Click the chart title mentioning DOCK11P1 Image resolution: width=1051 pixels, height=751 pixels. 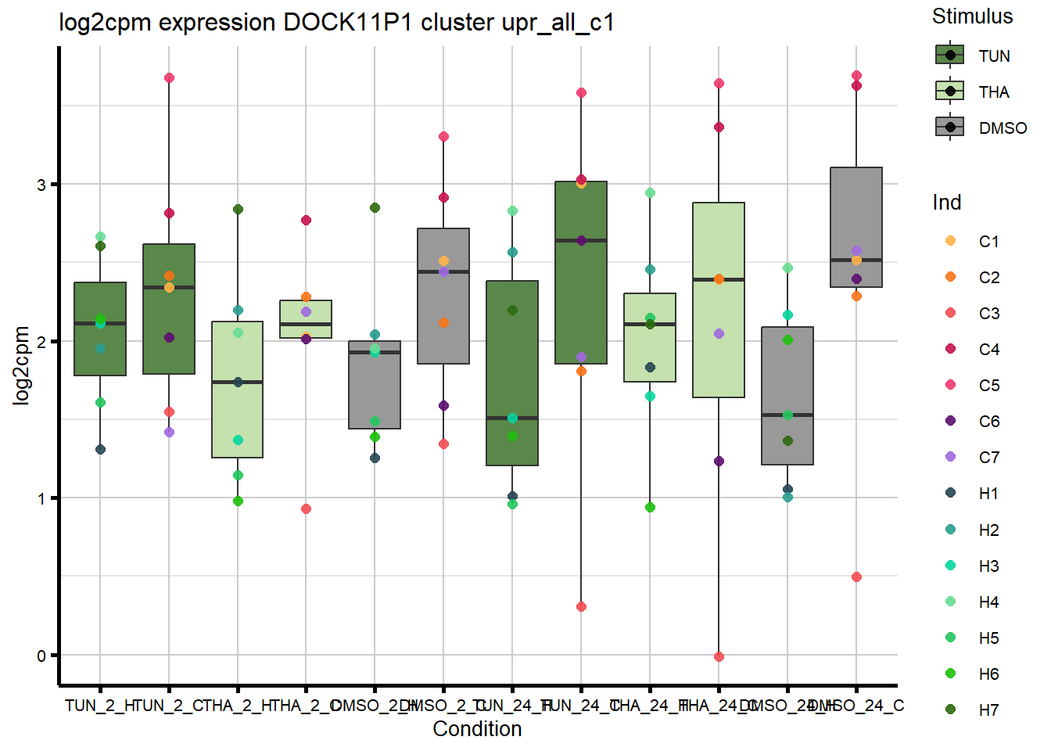pyautogui.click(x=336, y=23)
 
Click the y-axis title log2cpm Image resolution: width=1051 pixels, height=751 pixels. pyautogui.click(x=21, y=365)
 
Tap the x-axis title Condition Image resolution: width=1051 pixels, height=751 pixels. pyautogui.click(x=477, y=729)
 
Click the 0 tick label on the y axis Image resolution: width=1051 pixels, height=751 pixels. pyautogui.click(x=41, y=656)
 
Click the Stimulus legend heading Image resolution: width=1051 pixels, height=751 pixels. pyautogui.click(x=972, y=16)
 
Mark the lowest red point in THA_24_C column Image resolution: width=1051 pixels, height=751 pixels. pyautogui.click(x=719, y=656)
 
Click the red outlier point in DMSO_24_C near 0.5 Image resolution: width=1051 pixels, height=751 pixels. pyautogui.click(x=856, y=577)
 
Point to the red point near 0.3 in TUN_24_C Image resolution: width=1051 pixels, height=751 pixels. pyautogui.click(x=581, y=606)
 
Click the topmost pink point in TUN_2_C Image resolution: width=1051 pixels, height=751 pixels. pyautogui.click(x=169, y=77)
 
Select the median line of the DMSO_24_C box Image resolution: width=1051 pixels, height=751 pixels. pyautogui.click(x=856, y=260)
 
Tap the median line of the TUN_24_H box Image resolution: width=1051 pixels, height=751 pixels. pyautogui.click(x=512, y=418)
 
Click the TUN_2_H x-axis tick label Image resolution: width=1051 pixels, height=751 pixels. pyautogui.click(x=100, y=706)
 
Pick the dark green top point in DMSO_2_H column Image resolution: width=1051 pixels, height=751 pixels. pyautogui.click(x=375, y=207)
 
